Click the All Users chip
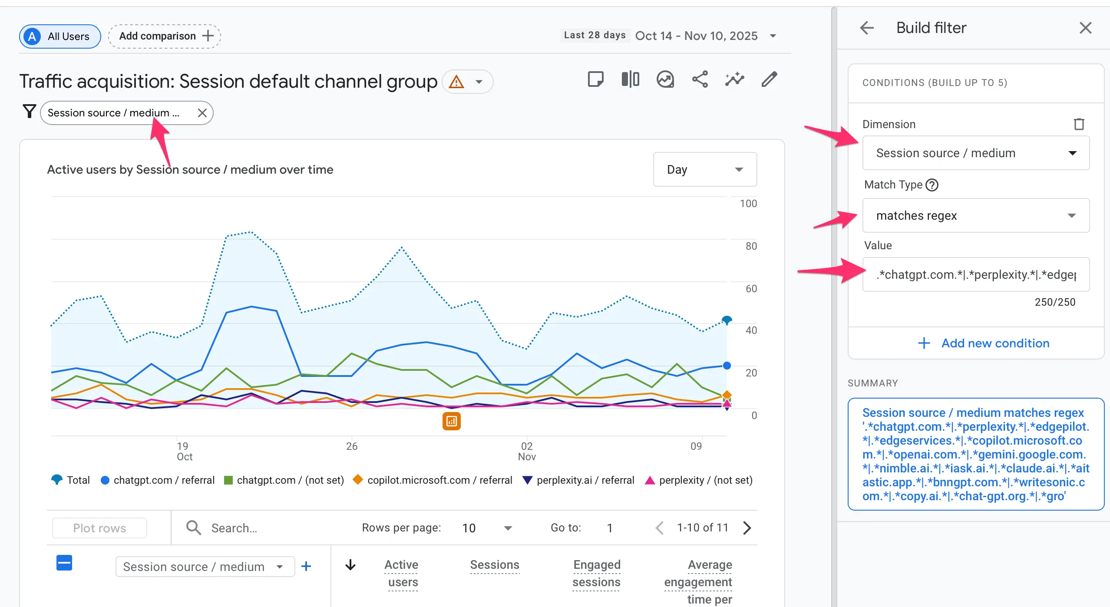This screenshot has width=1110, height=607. click(x=60, y=36)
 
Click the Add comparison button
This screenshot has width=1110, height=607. click(x=165, y=36)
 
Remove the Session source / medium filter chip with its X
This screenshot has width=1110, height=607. click(x=202, y=113)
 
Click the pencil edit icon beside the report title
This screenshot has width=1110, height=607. click(x=769, y=79)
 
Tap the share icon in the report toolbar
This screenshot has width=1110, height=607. click(x=700, y=79)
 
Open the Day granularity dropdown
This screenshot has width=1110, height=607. click(x=704, y=169)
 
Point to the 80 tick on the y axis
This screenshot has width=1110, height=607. click(x=751, y=246)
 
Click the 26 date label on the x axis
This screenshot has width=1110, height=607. click(x=351, y=446)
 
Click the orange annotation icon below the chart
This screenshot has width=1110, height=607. click(x=451, y=421)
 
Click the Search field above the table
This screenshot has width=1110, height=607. click(x=261, y=528)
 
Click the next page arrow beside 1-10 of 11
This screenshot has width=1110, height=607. click(x=747, y=528)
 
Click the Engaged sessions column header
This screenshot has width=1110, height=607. click(x=596, y=573)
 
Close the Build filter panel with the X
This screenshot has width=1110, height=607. click(x=1085, y=28)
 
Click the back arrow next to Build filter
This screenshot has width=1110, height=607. click(x=866, y=28)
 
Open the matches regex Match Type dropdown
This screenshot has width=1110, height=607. click(x=975, y=215)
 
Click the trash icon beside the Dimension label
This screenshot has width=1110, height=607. click(x=1079, y=124)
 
